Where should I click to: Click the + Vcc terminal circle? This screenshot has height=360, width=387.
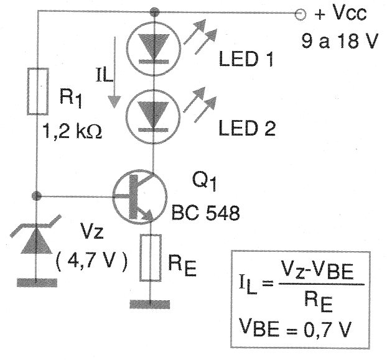pos(301,12)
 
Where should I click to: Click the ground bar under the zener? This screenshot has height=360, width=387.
pos(37,280)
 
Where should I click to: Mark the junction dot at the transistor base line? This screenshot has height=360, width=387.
pos(37,196)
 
